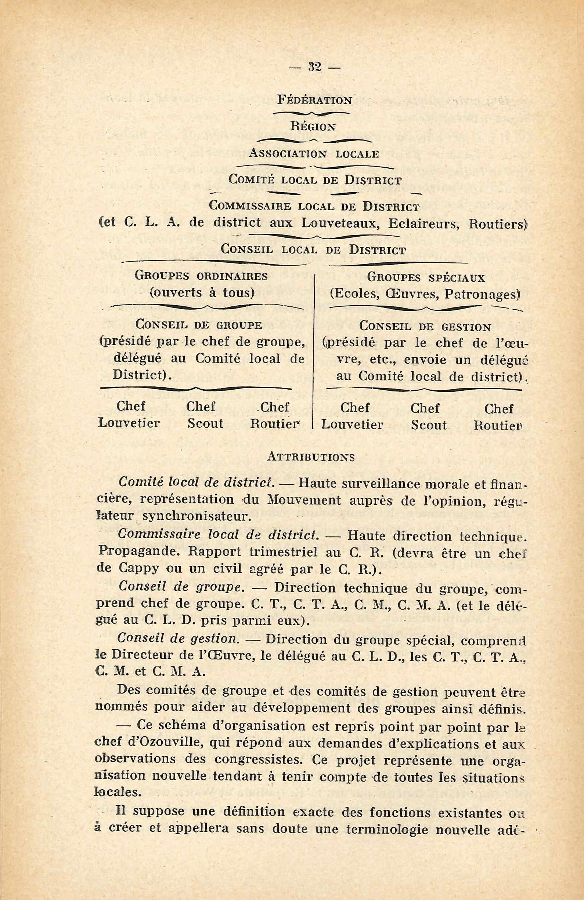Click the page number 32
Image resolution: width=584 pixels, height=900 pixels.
(314, 67)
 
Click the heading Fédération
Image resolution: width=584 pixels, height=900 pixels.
(314, 100)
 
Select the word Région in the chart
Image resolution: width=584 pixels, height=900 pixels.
(313, 127)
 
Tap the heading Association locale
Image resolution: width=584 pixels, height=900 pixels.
(314, 153)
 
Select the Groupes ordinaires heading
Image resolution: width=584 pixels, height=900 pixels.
(201, 276)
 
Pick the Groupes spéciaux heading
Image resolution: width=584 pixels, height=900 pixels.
(426, 278)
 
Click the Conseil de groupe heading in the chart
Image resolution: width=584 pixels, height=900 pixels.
(198, 325)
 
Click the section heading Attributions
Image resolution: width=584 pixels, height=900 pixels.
(311, 457)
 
